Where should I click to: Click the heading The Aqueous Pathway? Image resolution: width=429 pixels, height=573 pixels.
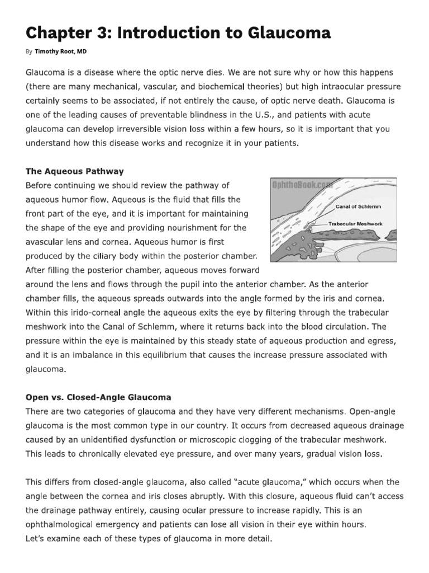[75, 171]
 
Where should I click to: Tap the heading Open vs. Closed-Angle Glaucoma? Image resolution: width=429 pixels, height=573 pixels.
[98, 397]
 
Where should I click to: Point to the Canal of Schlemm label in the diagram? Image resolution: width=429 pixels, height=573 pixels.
[358, 206]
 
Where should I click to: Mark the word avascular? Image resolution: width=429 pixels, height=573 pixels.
[46, 242]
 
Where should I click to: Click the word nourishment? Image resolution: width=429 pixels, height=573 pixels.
[185, 228]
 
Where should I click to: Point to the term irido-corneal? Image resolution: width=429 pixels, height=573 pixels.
[79, 313]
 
